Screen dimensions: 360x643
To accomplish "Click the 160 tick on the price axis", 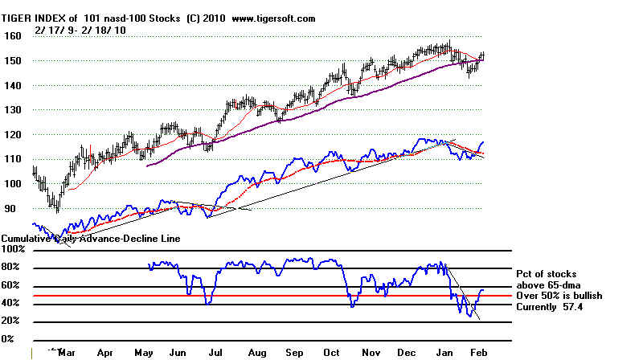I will tap(12, 36).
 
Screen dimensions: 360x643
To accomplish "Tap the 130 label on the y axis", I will tap(12, 110).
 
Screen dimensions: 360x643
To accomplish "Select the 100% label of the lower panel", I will tap(14, 251).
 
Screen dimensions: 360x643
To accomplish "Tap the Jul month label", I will tap(215, 352).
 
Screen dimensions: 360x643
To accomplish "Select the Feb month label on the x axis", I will tap(477, 352).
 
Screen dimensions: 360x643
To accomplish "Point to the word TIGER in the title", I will tap(20, 18).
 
